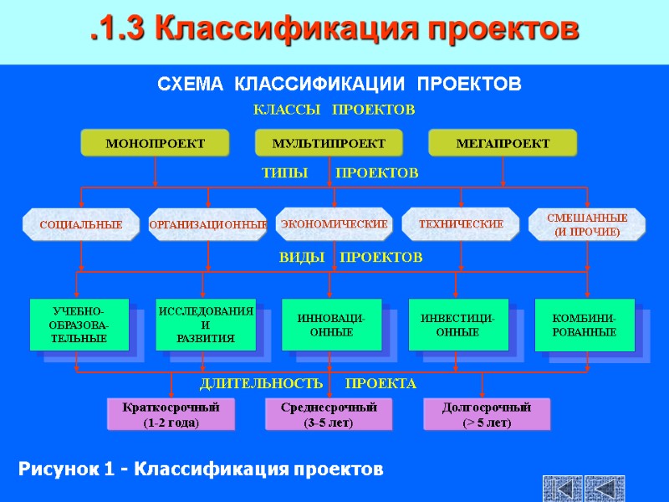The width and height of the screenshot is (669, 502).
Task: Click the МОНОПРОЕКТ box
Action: pos(155,143)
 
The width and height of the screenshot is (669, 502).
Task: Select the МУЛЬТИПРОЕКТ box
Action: pos(329,143)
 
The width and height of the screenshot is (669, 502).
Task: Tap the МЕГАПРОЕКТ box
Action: pos(503,143)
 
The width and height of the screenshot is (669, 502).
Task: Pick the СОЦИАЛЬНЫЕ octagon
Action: pos(81,224)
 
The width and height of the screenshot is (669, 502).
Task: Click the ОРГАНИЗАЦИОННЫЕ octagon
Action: pos(207,224)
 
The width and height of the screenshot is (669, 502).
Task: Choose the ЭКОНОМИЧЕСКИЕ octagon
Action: pos(334,223)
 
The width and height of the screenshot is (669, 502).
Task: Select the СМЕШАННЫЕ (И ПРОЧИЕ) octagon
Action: pos(587,224)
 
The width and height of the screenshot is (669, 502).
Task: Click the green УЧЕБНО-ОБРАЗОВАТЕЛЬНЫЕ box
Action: pos(79,325)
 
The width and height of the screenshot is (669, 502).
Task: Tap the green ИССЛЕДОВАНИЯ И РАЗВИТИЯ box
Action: pos(205,325)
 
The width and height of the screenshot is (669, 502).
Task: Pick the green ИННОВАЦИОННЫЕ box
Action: pos(331,325)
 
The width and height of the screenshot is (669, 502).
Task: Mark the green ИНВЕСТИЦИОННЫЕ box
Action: pos(457,325)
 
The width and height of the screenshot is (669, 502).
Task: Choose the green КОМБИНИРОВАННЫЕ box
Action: pos(584,325)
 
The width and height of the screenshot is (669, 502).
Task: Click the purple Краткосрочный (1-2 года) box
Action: pos(171,414)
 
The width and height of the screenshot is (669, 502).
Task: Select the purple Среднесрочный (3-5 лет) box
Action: pos(328,414)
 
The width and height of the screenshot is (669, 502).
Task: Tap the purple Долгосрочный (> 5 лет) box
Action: pos(486,414)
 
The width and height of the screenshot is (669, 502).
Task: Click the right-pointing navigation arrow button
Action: pos(605,489)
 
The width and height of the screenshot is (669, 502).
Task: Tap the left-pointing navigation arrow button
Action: pos(562,489)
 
